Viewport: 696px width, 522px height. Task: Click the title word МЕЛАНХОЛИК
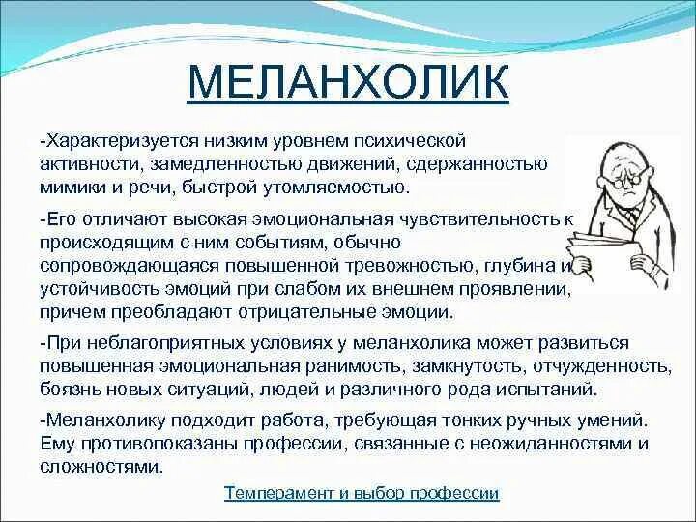(x=348, y=83)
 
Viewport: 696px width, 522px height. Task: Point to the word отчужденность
(x=600, y=367)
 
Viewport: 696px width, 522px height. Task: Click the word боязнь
(x=69, y=390)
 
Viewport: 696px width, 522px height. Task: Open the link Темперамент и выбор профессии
(x=362, y=493)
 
